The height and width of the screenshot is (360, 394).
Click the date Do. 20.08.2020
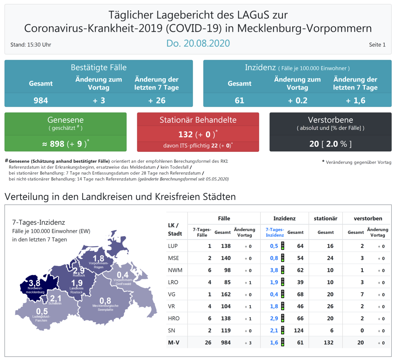point(198,43)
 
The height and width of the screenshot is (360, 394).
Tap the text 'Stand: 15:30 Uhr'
point(31,45)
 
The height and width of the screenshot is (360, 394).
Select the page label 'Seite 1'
point(377,45)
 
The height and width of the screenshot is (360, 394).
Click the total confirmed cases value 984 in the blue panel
point(41,100)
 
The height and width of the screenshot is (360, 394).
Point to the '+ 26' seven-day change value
point(157,100)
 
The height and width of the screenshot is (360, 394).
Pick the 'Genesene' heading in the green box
point(66,120)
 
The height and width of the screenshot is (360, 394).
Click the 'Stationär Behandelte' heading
point(198,120)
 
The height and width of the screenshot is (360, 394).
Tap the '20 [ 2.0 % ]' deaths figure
point(330,144)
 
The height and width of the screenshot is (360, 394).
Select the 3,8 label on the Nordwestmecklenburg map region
point(35,283)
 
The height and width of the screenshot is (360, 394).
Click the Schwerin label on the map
point(55,303)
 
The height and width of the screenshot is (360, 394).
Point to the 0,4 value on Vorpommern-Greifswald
point(123,275)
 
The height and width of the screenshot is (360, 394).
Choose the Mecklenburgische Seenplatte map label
point(105,308)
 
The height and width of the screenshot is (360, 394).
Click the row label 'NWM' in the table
point(175,270)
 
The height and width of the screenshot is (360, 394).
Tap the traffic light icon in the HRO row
point(283,318)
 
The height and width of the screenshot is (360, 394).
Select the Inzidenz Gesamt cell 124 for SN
point(299,331)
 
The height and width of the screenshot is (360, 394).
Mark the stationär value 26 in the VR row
point(330,306)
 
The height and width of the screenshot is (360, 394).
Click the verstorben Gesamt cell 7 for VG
point(362,294)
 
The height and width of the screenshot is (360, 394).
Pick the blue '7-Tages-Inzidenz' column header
point(274,232)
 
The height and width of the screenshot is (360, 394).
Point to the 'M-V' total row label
point(174,343)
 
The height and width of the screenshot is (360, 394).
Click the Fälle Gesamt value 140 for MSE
point(226,258)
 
